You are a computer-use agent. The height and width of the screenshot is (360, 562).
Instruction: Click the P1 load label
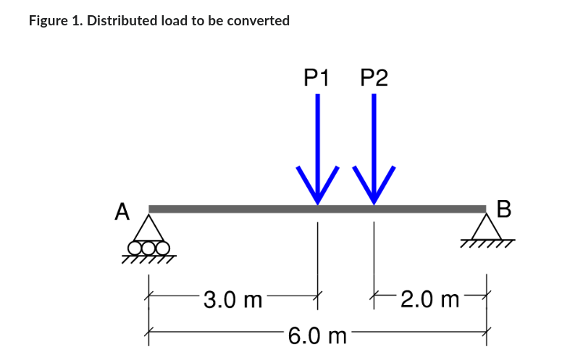tap(316, 78)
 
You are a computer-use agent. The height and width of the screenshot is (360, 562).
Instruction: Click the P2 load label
tap(374, 78)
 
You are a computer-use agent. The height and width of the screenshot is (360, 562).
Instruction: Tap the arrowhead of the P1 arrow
tap(316, 188)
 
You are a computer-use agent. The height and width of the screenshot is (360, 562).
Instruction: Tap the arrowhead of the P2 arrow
tap(374, 188)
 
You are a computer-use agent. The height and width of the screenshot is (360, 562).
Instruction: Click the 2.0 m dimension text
tap(429, 298)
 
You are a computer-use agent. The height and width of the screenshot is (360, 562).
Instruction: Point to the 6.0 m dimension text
tap(317, 336)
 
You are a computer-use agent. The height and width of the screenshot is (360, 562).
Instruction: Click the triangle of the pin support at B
tap(486, 227)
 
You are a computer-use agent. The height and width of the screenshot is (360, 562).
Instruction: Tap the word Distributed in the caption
tap(119, 20)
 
